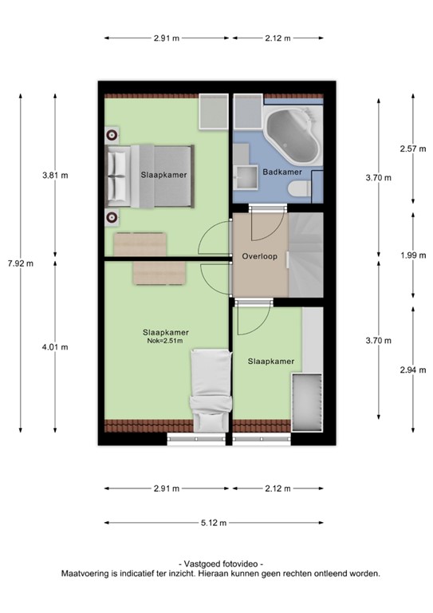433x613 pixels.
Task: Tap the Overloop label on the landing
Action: pyautogui.click(x=259, y=256)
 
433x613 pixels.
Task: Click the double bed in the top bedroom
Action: pyautogui.click(x=150, y=175)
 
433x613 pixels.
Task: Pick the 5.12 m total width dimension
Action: pyautogui.click(x=215, y=523)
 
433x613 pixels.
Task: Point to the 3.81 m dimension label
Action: pyautogui.click(x=55, y=176)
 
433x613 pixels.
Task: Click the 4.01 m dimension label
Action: pyautogui.click(x=55, y=346)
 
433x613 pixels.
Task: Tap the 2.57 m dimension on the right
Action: pyautogui.click(x=411, y=149)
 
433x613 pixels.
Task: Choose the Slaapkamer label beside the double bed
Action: pyautogui.click(x=159, y=174)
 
